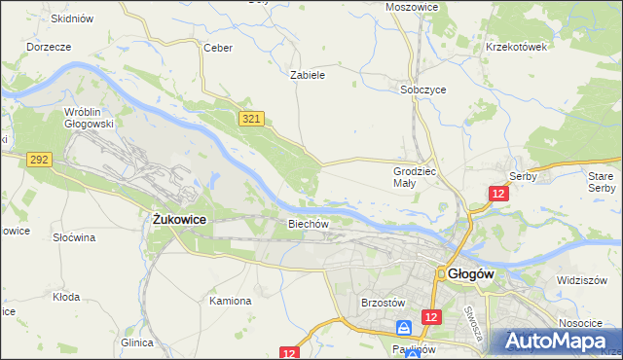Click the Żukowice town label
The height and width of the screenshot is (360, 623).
[180, 220]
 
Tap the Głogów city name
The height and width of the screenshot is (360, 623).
[473, 274]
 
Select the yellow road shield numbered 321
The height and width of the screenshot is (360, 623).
[250, 118]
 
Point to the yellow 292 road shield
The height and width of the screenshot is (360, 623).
[39, 159]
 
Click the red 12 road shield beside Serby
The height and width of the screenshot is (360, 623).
[498, 195]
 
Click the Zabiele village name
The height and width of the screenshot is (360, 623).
[308, 74]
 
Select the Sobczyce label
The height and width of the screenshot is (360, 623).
[423, 89]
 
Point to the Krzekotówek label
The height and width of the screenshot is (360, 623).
[517, 46]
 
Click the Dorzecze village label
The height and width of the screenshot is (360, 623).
[49, 46]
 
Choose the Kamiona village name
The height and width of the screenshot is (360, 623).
[231, 301]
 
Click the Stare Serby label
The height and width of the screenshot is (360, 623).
[602, 181]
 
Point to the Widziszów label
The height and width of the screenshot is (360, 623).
[582, 279]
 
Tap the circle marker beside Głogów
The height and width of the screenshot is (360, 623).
[441, 274]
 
